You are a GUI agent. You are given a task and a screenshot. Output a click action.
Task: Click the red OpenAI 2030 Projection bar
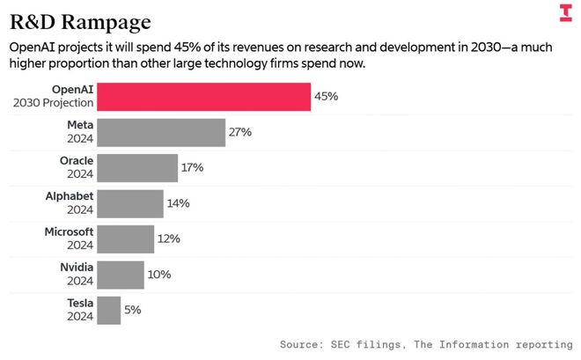pyautogui.click(x=203, y=97)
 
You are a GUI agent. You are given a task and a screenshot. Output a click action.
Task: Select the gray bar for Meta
pyautogui.click(x=161, y=132)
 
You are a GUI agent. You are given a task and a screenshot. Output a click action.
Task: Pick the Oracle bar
pyautogui.click(x=137, y=167)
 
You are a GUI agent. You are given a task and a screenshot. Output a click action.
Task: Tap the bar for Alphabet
pyautogui.click(x=130, y=203)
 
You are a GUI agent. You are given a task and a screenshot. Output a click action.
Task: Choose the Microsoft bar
pyautogui.click(x=126, y=239)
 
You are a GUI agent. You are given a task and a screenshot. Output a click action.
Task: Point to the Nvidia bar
pyautogui.click(x=121, y=275)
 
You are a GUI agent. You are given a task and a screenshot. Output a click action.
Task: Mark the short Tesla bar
pyautogui.click(x=109, y=310)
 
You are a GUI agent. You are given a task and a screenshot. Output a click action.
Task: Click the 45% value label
pyautogui.click(x=327, y=97)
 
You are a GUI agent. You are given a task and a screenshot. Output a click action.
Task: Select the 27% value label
pyautogui.click(x=240, y=132)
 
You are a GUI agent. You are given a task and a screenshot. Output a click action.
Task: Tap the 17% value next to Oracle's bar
pyautogui.click(x=193, y=167)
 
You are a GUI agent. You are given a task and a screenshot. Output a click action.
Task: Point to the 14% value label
pyautogui.click(x=178, y=203)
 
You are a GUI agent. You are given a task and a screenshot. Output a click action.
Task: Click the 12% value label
pyautogui.click(x=168, y=239)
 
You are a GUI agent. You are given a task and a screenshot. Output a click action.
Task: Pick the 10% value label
pyautogui.click(x=159, y=275)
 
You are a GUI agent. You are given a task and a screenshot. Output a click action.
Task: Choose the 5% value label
pyautogui.click(x=132, y=310)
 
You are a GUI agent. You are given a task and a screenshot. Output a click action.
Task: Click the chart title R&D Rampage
pyautogui.click(x=80, y=20)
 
